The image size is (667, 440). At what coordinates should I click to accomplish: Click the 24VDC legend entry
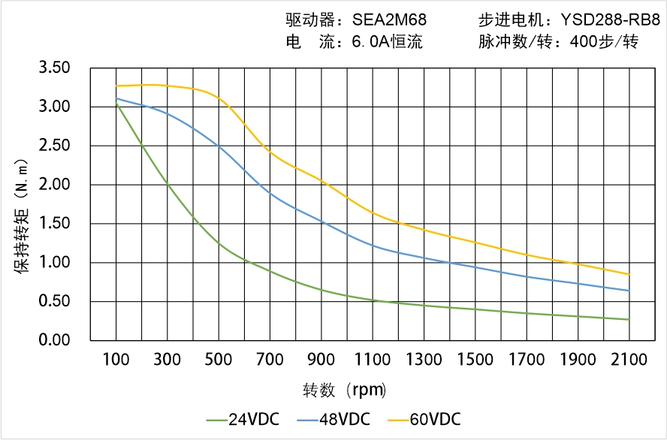[242, 419]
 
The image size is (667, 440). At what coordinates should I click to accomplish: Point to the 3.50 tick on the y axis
[54, 68]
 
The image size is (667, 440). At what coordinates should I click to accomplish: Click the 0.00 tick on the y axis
[54, 341]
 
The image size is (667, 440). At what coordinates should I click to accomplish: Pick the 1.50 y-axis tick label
[54, 224]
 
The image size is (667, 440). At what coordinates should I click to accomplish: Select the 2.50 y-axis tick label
[54, 146]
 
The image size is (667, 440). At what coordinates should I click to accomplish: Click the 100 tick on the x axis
[116, 360]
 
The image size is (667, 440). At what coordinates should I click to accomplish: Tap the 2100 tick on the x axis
[629, 360]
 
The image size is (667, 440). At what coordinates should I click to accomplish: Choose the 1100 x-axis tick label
[372, 360]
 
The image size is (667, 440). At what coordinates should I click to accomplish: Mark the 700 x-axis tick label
[270, 360]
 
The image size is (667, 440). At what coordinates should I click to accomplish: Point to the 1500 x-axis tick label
[475, 360]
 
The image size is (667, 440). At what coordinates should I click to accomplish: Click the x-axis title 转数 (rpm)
[345, 390]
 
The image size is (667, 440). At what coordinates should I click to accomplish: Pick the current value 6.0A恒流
[387, 42]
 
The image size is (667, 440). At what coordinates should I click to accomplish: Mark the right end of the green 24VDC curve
[629, 320]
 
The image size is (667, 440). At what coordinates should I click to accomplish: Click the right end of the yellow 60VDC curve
[629, 274]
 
